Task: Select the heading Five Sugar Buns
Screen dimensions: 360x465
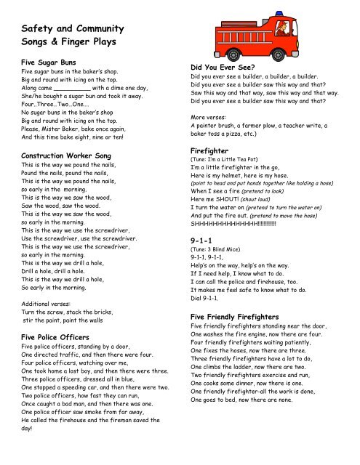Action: tap(53, 62)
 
